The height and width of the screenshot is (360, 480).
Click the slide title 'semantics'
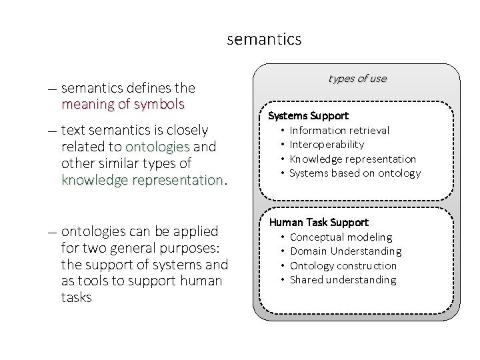(x=264, y=39)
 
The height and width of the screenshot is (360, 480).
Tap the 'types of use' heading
(x=357, y=79)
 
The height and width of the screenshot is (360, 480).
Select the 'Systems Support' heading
(x=308, y=116)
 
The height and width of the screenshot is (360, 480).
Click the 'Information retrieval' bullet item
(x=339, y=131)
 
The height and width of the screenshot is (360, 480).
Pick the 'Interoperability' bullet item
(x=327, y=145)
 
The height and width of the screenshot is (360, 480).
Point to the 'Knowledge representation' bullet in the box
(x=353, y=159)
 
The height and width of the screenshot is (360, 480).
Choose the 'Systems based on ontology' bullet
(x=355, y=173)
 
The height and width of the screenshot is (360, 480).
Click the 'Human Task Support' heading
(x=319, y=223)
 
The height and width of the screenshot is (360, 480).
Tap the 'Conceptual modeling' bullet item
(x=341, y=237)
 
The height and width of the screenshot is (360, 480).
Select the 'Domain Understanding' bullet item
(x=346, y=251)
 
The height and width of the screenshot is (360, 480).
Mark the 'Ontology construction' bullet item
(x=343, y=265)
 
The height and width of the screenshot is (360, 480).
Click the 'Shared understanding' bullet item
(x=343, y=280)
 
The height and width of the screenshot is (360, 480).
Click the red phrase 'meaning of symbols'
(x=123, y=105)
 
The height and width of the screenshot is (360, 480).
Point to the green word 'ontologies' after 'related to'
(x=157, y=147)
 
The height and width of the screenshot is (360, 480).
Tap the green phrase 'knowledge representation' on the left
(x=142, y=181)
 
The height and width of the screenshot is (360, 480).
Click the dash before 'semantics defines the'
(x=52, y=89)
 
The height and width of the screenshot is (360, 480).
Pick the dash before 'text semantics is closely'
(x=52, y=131)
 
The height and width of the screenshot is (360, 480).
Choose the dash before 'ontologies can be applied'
(x=52, y=232)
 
